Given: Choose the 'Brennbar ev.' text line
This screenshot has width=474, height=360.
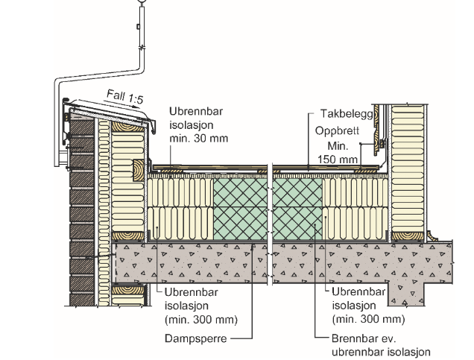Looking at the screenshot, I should (362, 338).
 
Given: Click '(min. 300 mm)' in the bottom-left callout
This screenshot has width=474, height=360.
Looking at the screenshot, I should (200, 320).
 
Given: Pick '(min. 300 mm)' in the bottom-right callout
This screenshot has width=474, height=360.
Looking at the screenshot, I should (367, 320).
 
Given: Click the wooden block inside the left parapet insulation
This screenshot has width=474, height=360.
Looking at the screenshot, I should (139, 169).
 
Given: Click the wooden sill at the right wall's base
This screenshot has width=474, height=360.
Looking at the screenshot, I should (408, 236).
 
